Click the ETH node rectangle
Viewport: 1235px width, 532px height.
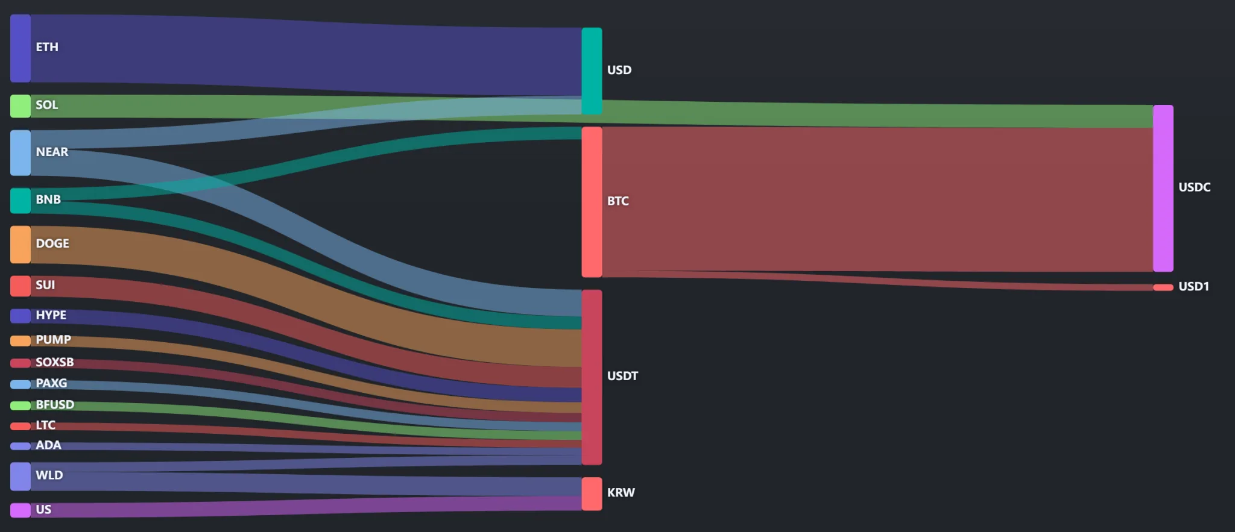(21, 48)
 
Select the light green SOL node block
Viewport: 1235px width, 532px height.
(21, 106)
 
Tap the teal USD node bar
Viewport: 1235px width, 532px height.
(592, 71)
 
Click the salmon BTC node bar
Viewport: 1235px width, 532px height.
(592, 202)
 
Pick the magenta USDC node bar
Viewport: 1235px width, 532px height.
(1163, 188)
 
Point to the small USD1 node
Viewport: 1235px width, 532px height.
(1163, 287)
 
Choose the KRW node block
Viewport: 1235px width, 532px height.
(592, 494)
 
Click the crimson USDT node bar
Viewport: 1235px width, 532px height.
(592, 377)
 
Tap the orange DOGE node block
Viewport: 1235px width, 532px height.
(21, 245)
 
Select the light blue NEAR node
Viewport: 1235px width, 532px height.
(21, 153)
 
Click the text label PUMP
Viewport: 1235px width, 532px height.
(53, 340)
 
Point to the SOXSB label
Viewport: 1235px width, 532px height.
(55, 362)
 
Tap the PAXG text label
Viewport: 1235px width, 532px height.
(51, 383)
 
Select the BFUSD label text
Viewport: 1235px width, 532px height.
(55, 404)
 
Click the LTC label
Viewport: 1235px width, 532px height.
(45, 425)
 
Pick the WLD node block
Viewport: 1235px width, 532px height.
(21, 477)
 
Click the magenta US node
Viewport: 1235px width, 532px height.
(21, 510)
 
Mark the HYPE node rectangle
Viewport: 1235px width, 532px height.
(21, 316)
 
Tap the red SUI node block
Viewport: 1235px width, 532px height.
(21, 286)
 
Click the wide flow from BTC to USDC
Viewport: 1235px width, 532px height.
(877, 199)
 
